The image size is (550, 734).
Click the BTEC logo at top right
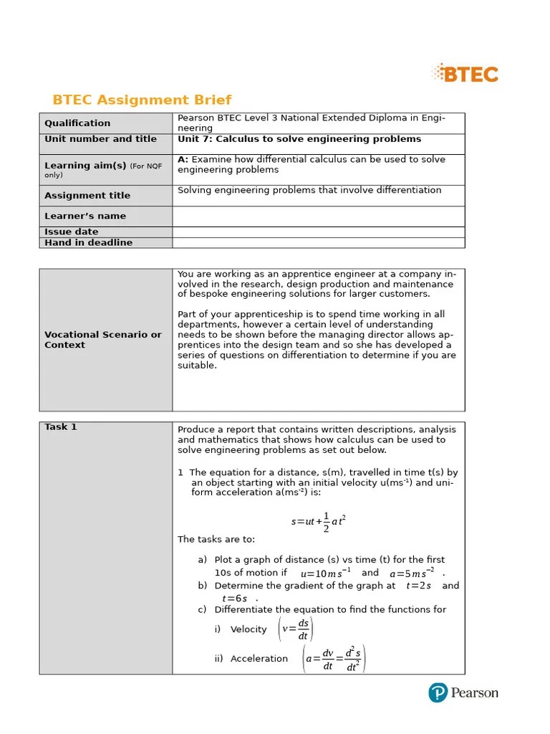pos(465,73)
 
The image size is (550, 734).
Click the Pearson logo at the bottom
pos(463,692)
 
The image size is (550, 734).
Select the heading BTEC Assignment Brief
pos(142,100)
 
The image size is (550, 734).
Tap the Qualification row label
pos(77,123)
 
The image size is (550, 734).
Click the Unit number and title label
pos(100,139)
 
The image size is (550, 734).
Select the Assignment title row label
pos(87,196)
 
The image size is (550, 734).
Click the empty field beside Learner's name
pos(318,216)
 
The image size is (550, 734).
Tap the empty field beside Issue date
pos(318,232)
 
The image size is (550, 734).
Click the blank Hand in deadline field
pos(318,242)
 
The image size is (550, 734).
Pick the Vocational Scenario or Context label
pos(103,340)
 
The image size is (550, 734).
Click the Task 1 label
pos(61,427)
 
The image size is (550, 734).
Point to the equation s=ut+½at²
pos(319,521)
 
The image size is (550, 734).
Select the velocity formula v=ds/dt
pos(296,629)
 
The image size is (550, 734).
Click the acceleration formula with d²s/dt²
pos(334,659)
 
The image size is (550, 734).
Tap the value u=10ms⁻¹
pos(325,573)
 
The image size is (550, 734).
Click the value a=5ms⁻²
pos(412,573)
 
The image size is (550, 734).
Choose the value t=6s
pos(235,599)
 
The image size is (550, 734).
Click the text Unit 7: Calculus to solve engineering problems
pos(299,139)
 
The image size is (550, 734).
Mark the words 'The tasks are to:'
pos(216,539)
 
